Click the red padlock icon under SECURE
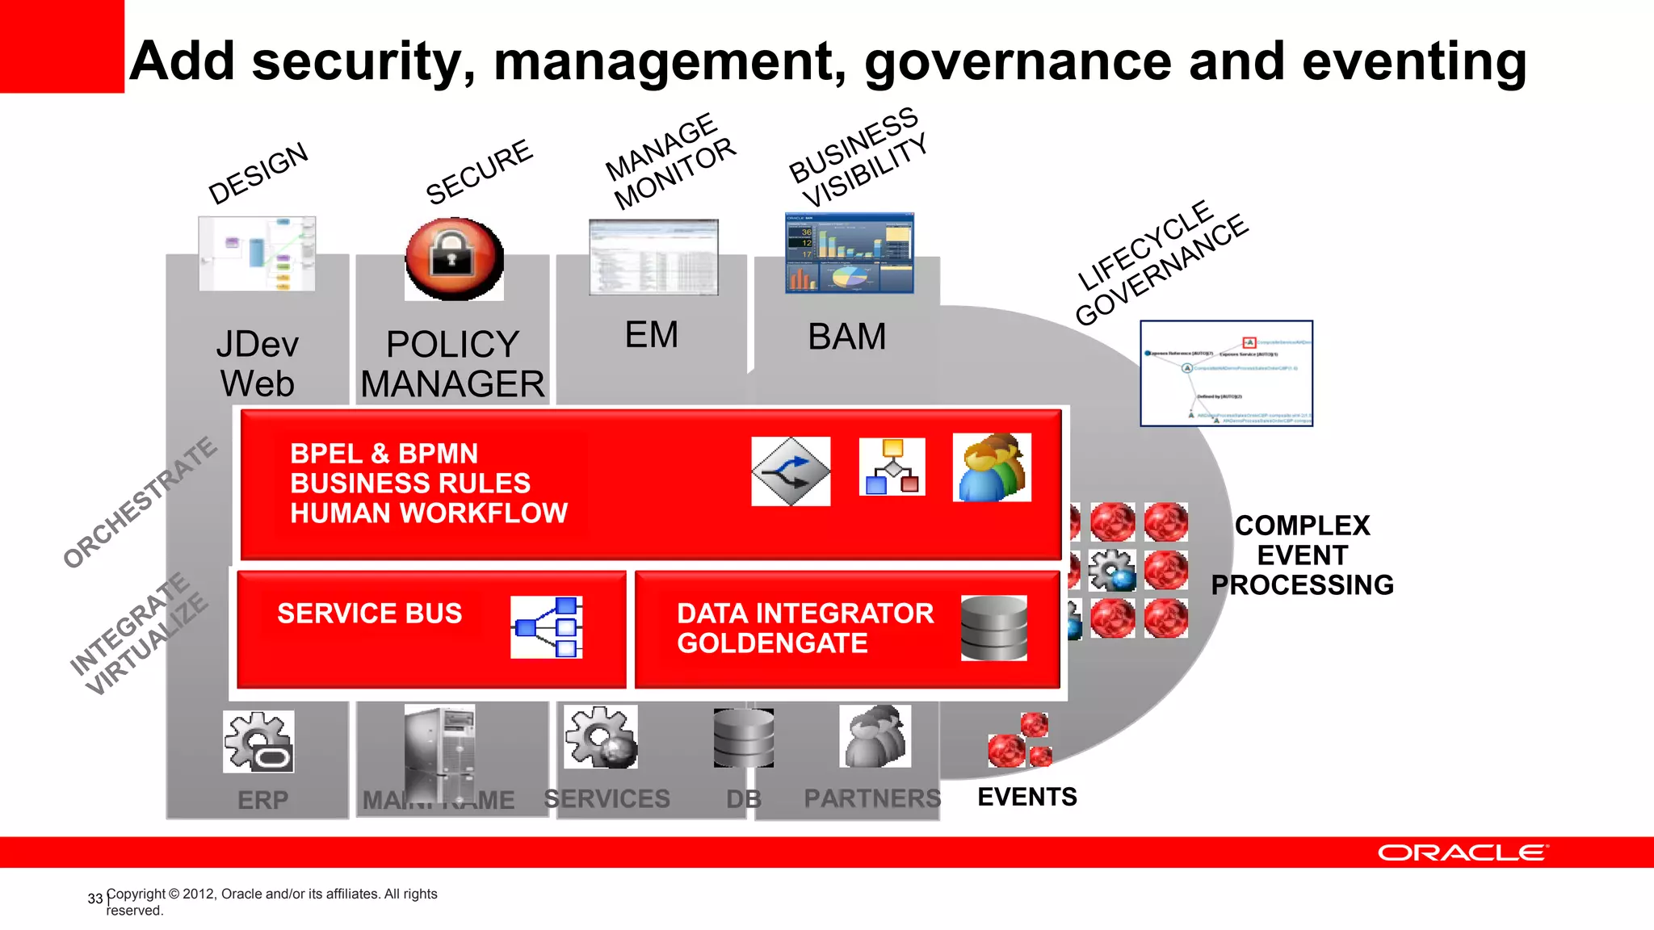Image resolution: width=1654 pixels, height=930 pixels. pyautogui.click(x=454, y=258)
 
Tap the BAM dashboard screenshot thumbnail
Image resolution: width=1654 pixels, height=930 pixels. pyautogui.click(x=849, y=253)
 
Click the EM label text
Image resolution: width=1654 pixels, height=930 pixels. pyautogui.click(x=651, y=335)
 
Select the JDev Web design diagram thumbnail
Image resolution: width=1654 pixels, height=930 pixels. pyautogui.click(x=257, y=253)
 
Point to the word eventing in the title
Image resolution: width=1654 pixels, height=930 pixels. pyautogui.click(x=1413, y=61)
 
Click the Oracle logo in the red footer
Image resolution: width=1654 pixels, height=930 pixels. pyautogui.click(x=1462, y=853)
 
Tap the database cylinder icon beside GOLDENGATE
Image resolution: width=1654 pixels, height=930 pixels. pyautogui.click(x=993, y=628)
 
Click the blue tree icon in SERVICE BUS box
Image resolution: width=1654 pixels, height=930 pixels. pyautogui.click(x=547, y=627)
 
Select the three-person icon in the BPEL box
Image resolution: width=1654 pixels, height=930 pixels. pyautogui.click(x=992, y=468)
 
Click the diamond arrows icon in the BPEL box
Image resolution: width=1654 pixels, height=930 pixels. pyautogui.click(x=791, y=471)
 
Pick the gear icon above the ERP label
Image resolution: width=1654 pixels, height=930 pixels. pyautogui.click(x=258, y=741)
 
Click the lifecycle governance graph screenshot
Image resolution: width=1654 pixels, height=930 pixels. pyautogui.click(x=1226, y=374)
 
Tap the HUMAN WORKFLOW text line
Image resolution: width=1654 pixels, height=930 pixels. pyautogui.click(x=428, y=513)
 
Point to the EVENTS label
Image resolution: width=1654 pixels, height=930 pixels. pyautogui.click(x=1026, y=797)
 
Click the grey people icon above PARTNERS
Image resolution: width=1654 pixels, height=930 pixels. pyautogui.click(x=875, y=736)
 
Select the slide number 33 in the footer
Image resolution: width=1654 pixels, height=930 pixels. pyautogui.click(x=94, y=899)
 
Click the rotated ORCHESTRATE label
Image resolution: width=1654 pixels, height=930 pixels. pyautogui.click(x=141, y=502)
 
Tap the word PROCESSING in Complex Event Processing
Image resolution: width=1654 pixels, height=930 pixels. pyautogui.click(x=1302, y=584)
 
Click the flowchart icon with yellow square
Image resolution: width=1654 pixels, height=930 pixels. pyautogui.click(x=892, y=467)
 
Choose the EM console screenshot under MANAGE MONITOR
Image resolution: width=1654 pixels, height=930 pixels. pyautogui.click(x=653, y=257)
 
